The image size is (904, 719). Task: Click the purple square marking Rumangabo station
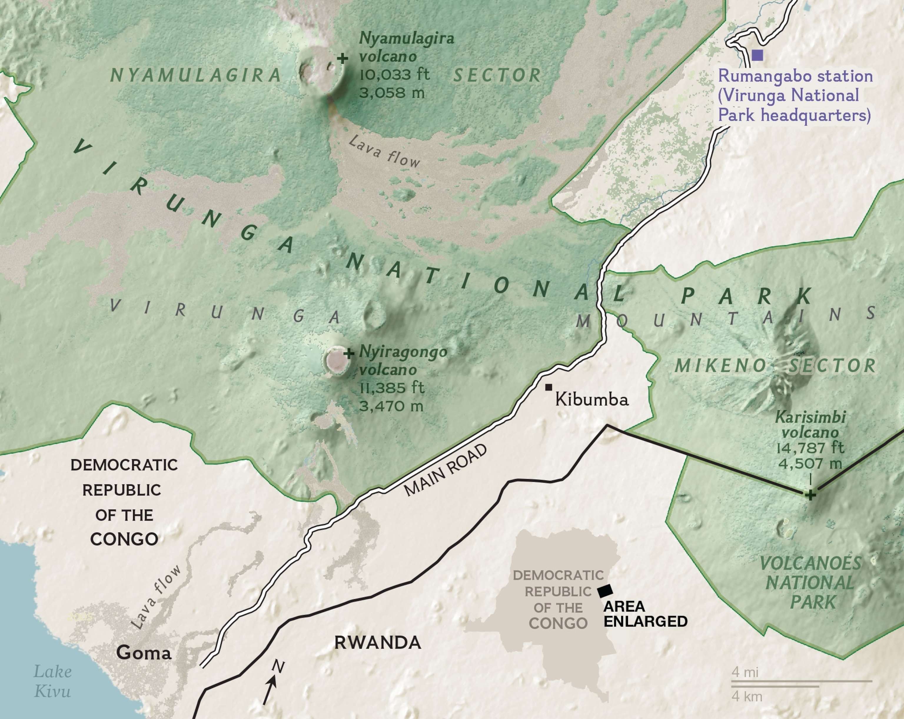pyautogui.click(x=757, y=55)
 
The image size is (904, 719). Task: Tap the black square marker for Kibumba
pyautogui.click(x=549, y=387)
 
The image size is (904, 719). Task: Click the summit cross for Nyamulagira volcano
pyautogui.click(x=343, y=58)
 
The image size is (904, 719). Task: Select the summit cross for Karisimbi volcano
pyautogui.click(x=810, y=495)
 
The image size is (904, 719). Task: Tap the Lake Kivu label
pyautogui.click(x=52, y=681)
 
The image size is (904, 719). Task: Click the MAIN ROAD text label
pyautogui.click(x=445, y=470)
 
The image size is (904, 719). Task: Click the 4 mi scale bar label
pyautogui.click(x=745, y=672)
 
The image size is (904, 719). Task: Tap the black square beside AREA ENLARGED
pyautogui.click(x=605, y=591)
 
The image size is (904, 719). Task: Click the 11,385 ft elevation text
pyautogui.click(x=392, y=388)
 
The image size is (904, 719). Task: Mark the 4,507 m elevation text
pyautogui.click(x=810, y=464)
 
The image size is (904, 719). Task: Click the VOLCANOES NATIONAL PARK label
pyautogui.click(x=810, y=583)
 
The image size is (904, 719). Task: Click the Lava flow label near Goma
pyautogui.click(x=156, y=597)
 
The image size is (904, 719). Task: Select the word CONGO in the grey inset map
pyautogui.click(x=558, y=623)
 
